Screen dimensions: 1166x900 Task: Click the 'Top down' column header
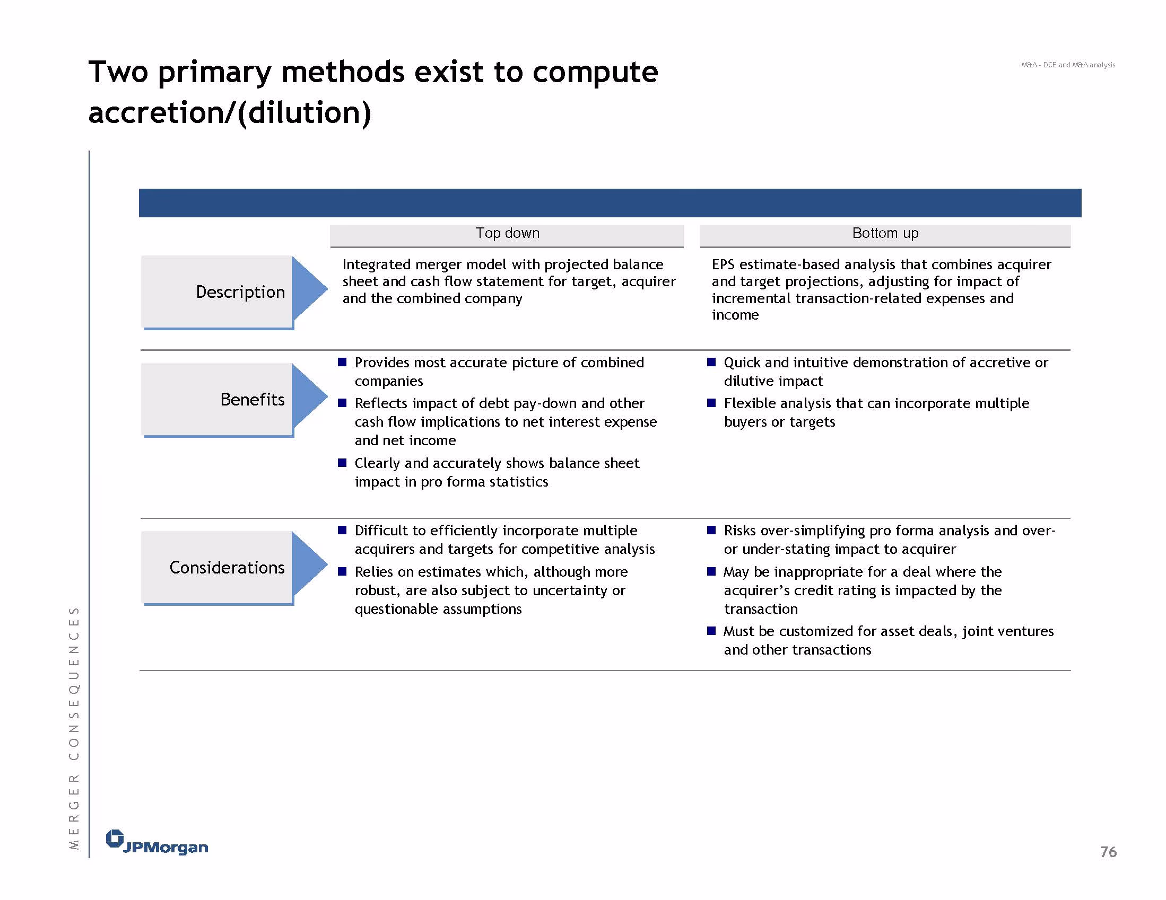(507, 233)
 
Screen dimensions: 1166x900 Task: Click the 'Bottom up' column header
(885, 233)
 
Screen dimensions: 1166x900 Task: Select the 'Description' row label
(240, 292)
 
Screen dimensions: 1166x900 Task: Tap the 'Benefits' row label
(253, 399)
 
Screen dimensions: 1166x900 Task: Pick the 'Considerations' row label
(227, 567)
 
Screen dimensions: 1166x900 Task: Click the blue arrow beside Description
(309, 289)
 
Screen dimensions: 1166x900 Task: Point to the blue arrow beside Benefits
(309, 396)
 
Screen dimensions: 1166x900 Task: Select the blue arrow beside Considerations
(309, 564)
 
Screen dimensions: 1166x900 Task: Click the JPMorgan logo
(157, 842)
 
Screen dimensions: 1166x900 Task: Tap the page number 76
(1108, 851)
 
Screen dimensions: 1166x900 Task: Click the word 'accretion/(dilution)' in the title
(230, 113)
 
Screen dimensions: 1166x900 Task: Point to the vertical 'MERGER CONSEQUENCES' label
(74, 728)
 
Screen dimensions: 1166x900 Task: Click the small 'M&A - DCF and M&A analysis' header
(1068, 65)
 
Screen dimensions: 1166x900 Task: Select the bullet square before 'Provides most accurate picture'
(342, 362)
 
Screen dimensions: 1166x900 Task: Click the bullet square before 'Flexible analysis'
(711, 403)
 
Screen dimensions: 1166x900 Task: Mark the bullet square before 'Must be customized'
(711, 631)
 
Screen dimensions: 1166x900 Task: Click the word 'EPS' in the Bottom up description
(724, 264)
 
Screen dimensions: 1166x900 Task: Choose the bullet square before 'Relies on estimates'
(342, 571)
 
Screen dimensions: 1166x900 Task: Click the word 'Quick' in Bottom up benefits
(742, 363)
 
